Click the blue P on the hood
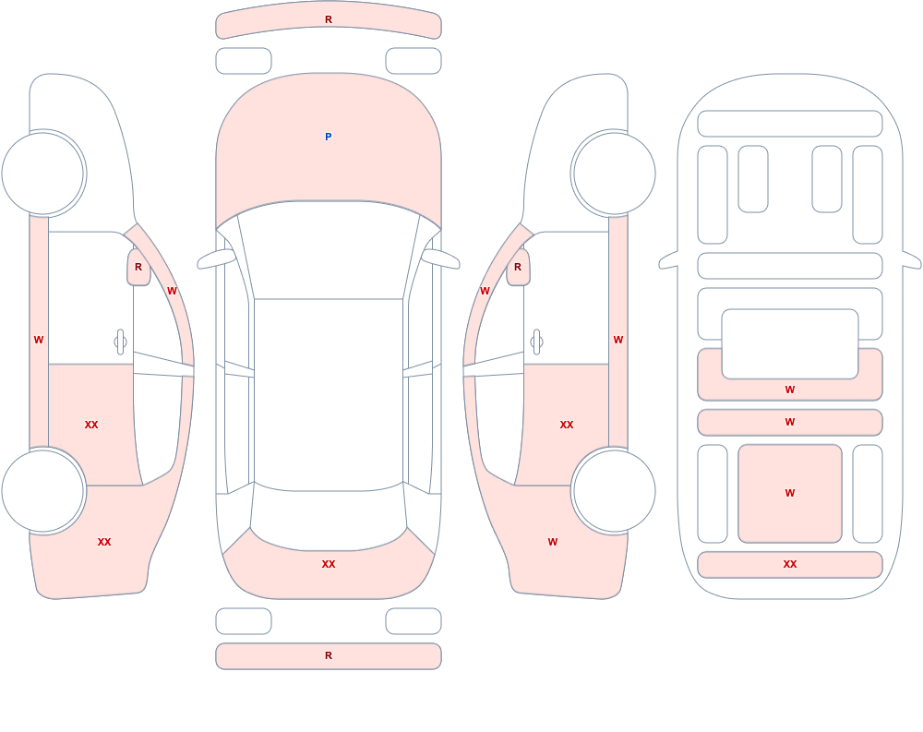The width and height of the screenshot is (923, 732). click(329, 137)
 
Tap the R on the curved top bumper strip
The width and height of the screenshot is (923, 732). click(329, 19)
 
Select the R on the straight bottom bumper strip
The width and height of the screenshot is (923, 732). click(329, 655)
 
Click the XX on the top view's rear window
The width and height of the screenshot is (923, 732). click(329, 564)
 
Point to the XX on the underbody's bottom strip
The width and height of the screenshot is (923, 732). click(790, 564)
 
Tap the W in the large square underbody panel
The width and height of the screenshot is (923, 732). click(790, 493)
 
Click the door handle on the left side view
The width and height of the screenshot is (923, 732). click(120, 342)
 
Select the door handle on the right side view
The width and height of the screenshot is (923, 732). click(536, 342)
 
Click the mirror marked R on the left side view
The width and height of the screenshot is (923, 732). click(138, 267)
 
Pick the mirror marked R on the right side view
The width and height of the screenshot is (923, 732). click(518, 267)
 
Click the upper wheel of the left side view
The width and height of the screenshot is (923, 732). click(43, 174)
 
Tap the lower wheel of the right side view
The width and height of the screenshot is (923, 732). click(614, 490)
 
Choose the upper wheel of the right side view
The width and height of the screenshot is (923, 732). click(614, 174)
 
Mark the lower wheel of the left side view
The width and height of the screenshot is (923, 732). click(43, 490)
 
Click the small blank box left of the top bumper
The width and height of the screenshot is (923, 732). click(244, 61)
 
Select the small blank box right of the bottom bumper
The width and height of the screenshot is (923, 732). click(414, 620)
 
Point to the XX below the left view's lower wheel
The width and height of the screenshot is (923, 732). click(104, 542)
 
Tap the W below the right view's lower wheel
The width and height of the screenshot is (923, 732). click(552, 542)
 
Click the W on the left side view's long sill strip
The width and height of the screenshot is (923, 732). click(38, 340)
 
